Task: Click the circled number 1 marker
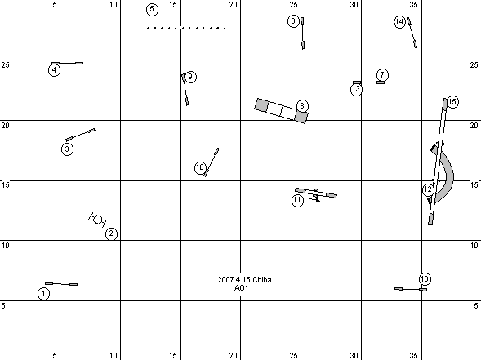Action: pyautogui.click(x=43, y=293)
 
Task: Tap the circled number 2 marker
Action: pyautogui.click(x=111, y=233)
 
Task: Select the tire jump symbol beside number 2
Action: pyautogui.click(x=97, y=220)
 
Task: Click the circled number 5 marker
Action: pyautogui.click(x=152, y=10)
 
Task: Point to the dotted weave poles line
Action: pyautogui.click(x=186, y=28)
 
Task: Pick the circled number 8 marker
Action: pyautogui.click(x=302, y=106)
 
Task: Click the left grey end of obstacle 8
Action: pyautogui.click(x=261, y=104)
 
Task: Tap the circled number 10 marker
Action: pyautogui.click(x=200, y=167)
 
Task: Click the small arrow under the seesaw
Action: pyautogui.click(x=314, y=200)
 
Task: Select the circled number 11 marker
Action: pyautogui.click(x=297, y=201)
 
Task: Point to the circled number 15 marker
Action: pyautogui.click(x=452, y=102)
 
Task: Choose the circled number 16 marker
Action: pyautogui.click(x=425, y=278)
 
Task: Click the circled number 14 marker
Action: pyautogui.click(x=399, y=22)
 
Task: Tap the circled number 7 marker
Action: pyautogui.click(x=382, y=75)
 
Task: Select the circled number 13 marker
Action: pyautogui.click(x=356, y=89)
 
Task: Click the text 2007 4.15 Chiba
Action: pyautogui.click(x=244, y=280)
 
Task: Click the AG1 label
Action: pyautogui.click(x=241, y=288)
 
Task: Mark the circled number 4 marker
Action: pyautogui.click(x=54, y=70)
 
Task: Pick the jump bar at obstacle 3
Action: pyautogui.click(x=80, y=135)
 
